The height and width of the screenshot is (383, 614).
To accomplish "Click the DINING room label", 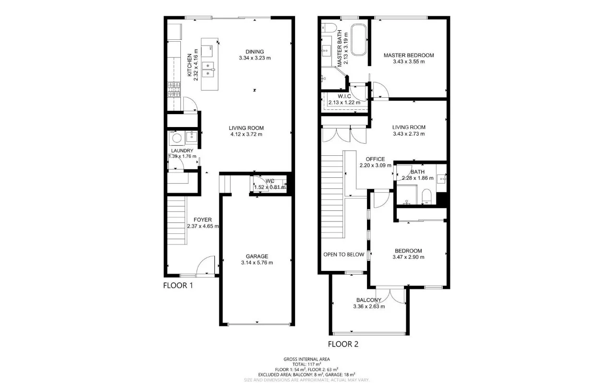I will (x=255, y=52).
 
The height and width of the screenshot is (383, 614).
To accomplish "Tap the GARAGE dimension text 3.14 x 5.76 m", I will (x=257, y=263).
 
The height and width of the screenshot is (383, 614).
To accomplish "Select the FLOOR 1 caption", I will (x=178, y=285).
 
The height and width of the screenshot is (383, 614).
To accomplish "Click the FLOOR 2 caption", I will (x=343, y=344).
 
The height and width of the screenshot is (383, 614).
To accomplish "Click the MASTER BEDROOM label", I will (x=408, y=55).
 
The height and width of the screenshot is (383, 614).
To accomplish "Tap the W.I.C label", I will (x=344, y=96).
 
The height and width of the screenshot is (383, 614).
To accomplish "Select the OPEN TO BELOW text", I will (x=343, y=255).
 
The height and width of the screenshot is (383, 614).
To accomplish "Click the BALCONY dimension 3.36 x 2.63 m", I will (x=368, y=307).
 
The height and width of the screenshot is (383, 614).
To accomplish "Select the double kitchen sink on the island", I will (x=209, y=70).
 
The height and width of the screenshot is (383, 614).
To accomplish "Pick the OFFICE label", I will (x=375, y=159).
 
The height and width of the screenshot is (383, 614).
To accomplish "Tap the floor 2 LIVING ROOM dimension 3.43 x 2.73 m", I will (x=409, y=134).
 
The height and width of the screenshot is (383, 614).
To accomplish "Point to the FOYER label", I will (x=202, y=220).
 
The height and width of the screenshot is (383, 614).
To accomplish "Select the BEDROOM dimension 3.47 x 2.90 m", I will (x=408, y=257).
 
